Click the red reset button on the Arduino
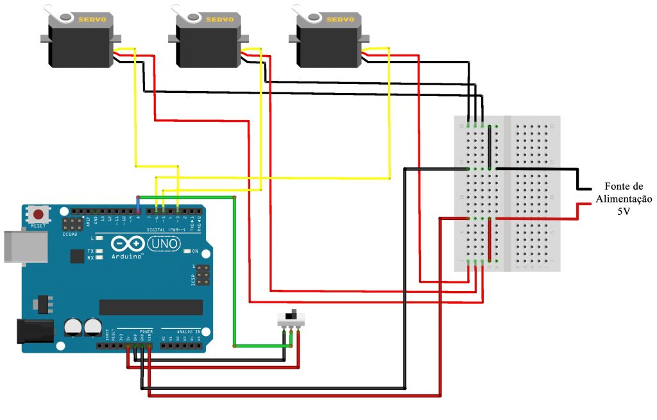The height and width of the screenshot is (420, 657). pyautogui.click(x=39, y=214)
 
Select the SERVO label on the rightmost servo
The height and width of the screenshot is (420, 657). pyautogui.click(x=339, y=20)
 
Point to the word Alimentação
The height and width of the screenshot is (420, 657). pyautogui.click(x=624, y=199)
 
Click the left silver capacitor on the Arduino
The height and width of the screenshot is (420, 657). pyautogui.click(x=73, y=327)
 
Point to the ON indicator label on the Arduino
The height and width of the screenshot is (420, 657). pyautogui.click(x=195, y=251)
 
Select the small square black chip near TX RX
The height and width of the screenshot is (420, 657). pyautogui.click(x=78, y=256)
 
